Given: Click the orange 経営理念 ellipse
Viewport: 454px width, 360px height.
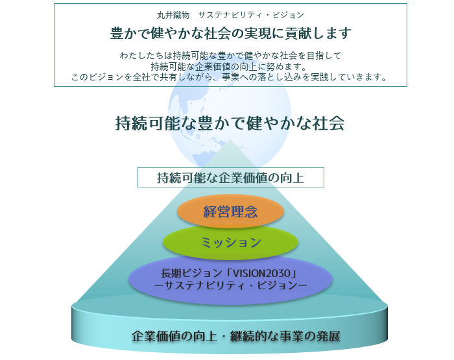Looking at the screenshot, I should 230,212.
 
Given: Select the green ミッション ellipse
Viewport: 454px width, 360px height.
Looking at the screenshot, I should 230,243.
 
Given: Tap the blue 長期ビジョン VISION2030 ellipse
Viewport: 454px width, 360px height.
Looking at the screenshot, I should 230,278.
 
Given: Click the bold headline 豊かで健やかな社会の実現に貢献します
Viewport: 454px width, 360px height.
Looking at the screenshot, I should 230,33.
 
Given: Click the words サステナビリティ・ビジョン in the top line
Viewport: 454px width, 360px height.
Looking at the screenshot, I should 251,14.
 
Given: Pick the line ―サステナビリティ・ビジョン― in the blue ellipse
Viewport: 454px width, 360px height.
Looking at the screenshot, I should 230,285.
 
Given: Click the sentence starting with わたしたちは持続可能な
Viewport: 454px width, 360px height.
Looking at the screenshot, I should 230,56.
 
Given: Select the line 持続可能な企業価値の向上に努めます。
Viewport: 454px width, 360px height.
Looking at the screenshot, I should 230,67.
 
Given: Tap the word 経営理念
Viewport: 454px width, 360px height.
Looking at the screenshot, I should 230,212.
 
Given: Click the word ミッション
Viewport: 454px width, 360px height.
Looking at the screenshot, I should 230,243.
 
